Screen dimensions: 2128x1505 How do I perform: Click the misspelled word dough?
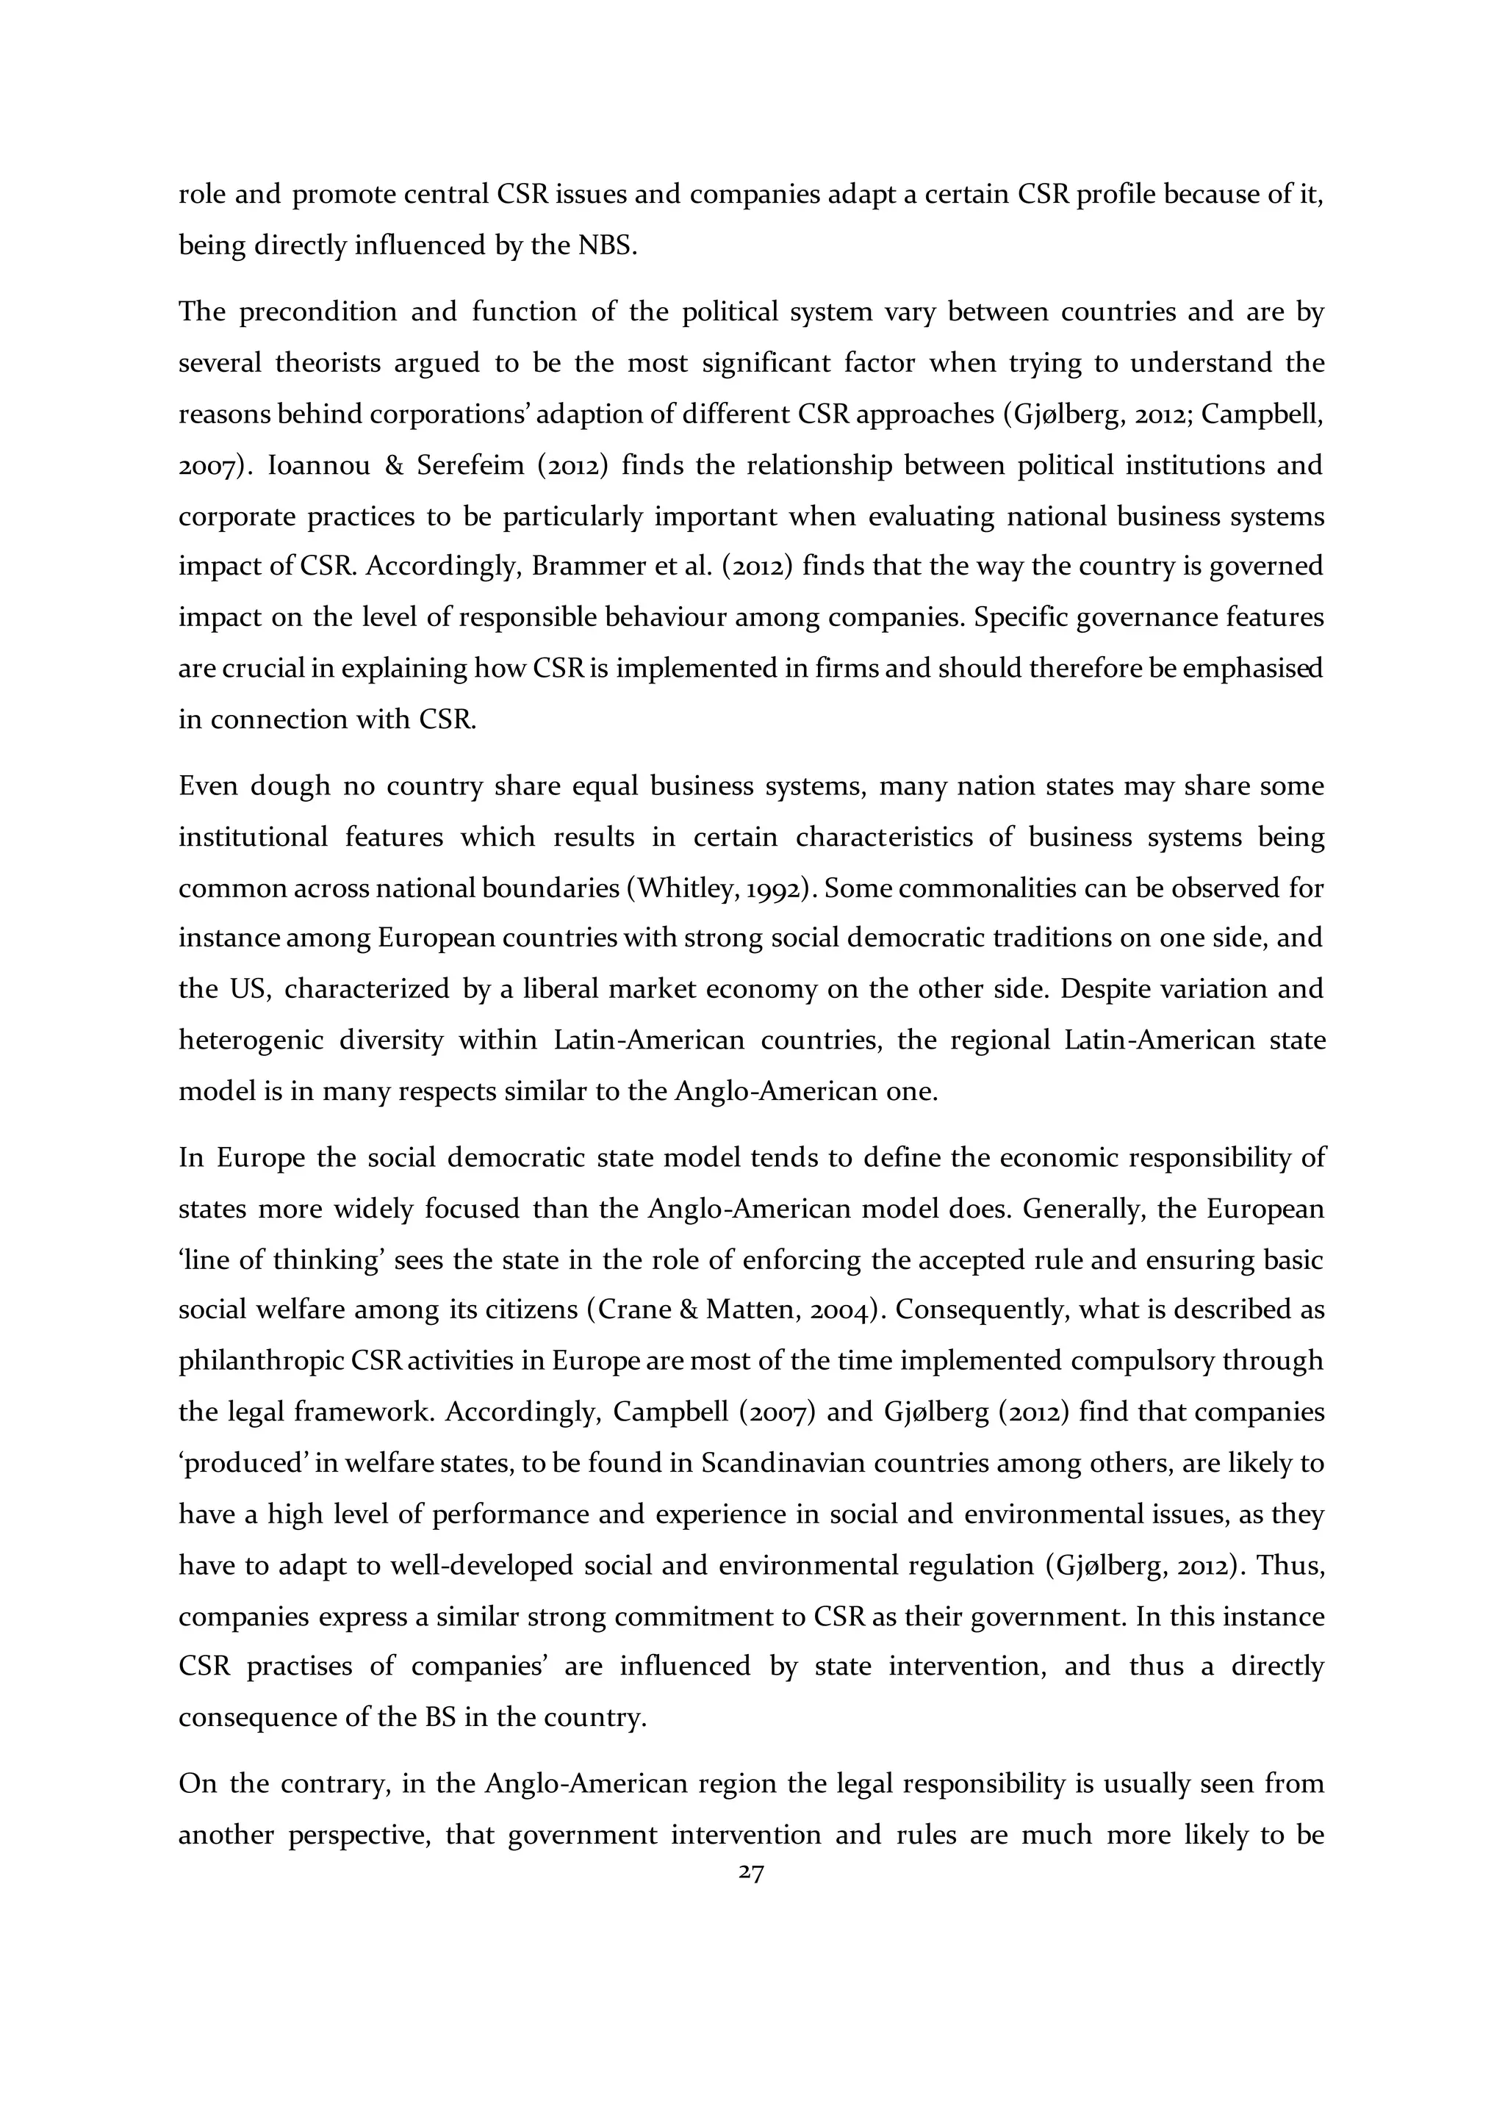point(291,787)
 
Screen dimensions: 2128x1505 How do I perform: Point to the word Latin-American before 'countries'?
point(649,1040)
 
